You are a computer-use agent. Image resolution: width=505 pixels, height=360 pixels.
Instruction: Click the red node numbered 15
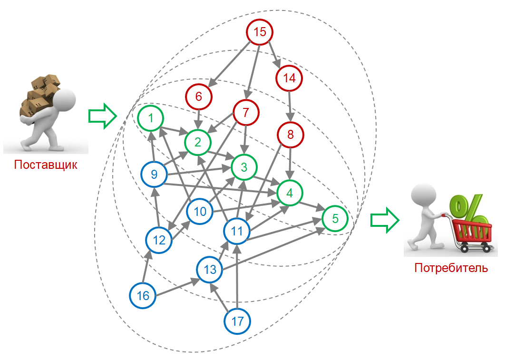point(259,32)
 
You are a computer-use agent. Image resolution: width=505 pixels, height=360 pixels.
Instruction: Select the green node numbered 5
point(335,219)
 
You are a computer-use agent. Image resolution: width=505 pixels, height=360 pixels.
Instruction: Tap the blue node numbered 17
point(237,321)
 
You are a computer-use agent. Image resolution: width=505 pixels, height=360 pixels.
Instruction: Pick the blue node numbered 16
point(143,296)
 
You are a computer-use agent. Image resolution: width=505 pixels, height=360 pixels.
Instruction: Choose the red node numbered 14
point(289,78)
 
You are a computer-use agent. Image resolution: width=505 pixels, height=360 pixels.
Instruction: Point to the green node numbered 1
point(151,117)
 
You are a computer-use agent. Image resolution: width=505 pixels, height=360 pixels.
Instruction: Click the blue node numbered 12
point(159,241)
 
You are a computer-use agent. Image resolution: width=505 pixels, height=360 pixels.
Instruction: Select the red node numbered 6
point(199,97)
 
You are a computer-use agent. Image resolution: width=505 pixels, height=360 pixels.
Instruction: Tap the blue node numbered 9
point(154,175)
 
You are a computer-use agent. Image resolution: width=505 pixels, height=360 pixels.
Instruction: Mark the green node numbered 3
point(244,167)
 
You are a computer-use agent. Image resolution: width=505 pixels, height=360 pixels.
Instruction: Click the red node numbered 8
point(291,135)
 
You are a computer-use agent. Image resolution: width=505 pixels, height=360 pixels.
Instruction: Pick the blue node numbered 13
point(210,270)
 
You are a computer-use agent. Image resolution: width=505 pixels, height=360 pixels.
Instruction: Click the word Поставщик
point(46,165)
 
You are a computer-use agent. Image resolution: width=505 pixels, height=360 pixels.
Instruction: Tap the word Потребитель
point(451,267)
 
